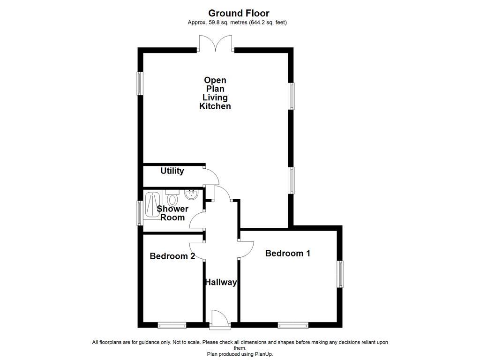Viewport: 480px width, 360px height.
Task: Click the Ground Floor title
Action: tap(239, 13)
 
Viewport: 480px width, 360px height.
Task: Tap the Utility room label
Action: tap(172, 171)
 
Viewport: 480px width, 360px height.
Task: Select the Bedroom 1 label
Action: tap(287, 254)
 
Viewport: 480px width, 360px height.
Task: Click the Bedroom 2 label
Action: tap(172, 256)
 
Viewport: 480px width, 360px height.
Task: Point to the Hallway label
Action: tap(220, 282)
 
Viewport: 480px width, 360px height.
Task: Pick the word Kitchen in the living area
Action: tap(215, 106)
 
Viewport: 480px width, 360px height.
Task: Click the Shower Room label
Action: tap(172, 213)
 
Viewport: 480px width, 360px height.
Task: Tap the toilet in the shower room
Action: tap(172, 198)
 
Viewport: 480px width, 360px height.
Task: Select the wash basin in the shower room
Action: tap(192, 194)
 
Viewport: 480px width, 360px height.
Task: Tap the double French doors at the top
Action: tap(216, 45)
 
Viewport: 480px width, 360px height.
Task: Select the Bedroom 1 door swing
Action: tap(246, 249)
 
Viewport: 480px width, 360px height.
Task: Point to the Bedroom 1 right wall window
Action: tap(340, 274)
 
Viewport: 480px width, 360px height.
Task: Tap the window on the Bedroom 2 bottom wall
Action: tap(172, 325)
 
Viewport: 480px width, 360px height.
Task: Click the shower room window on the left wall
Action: tap(140, 213)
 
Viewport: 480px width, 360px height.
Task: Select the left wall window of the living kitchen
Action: tap(140, 83)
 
